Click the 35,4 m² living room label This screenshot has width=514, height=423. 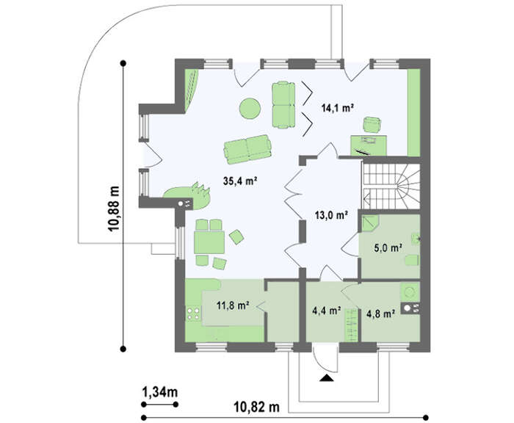239,181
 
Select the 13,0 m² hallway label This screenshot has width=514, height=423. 331,215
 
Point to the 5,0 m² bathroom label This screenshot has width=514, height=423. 388,248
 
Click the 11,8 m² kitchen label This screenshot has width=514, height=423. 233,305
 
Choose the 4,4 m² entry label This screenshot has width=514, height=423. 326,310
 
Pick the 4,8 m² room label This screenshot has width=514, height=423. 380,314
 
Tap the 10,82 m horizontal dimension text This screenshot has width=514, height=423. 257,408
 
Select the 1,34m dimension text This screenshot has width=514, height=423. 160,391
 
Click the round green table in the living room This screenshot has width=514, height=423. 250,108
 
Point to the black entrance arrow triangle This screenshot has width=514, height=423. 327,378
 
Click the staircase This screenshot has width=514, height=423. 391,187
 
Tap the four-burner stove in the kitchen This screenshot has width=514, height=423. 193,313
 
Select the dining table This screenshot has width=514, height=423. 209,242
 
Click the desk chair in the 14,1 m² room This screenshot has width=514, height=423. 372,125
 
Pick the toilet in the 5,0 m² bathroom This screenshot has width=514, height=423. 412,260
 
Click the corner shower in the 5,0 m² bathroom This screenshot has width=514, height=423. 370,223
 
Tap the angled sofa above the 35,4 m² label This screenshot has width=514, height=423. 248,149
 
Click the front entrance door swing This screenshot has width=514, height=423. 325,358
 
